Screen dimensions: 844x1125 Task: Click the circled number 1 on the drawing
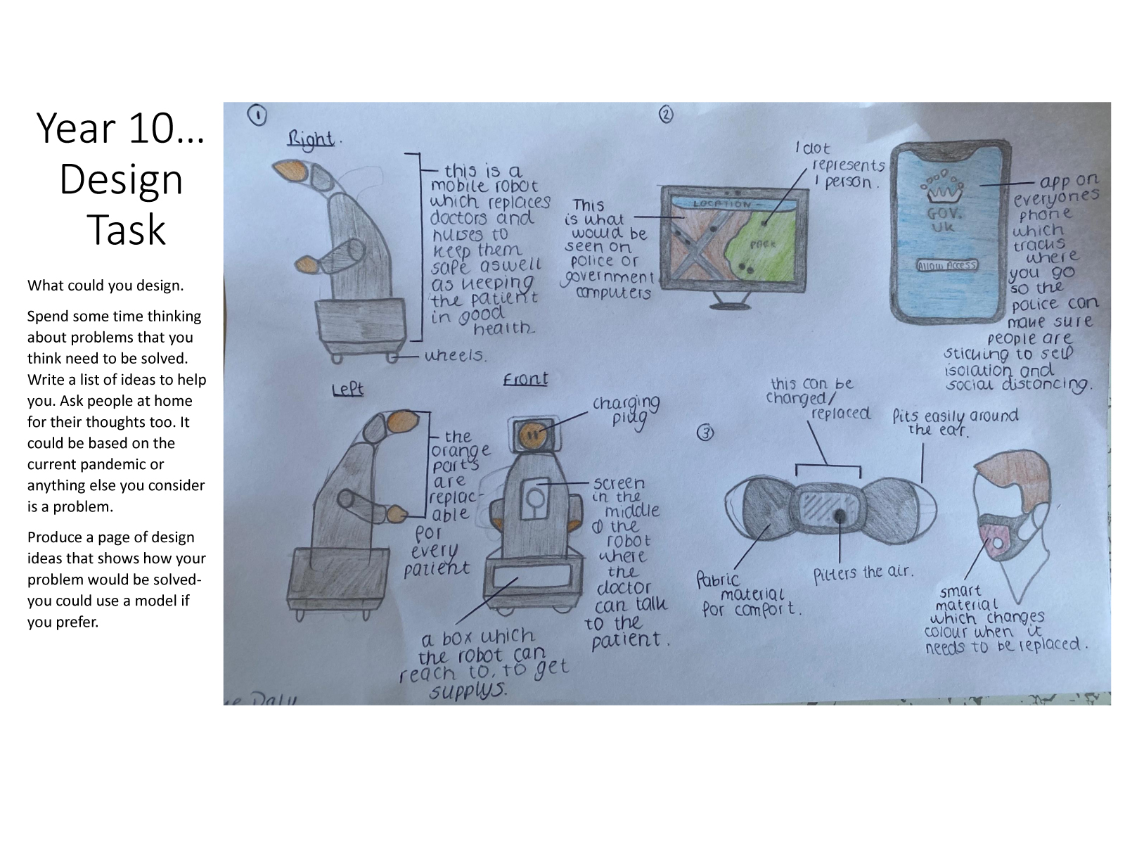258,115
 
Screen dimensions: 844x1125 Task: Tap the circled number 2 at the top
665,114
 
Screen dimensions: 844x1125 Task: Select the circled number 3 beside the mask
705,433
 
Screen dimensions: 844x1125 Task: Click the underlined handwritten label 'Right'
310,138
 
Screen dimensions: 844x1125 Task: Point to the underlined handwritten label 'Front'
525,379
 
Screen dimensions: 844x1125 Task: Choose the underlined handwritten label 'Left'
347,388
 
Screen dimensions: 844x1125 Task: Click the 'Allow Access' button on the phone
946,265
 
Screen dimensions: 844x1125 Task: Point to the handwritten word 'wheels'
455,355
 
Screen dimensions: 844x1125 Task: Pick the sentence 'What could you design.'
105,286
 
